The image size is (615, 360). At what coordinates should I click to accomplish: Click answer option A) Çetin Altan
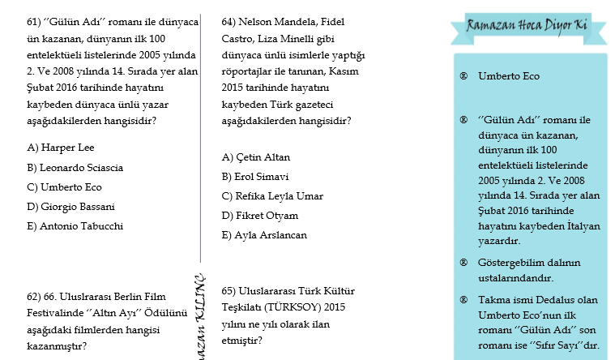tap(256, 157)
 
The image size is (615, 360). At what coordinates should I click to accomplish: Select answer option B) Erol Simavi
tap(256, 177)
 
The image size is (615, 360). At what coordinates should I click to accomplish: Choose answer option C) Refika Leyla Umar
tap(272, 196)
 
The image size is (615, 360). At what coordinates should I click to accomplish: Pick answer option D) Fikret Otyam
tap(260, 216)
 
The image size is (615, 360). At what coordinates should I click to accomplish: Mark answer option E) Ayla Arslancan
tap(264, 235)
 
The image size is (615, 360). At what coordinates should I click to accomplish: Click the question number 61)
tap(35, 23)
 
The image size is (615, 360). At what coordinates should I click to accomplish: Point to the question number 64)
tap(230, 23)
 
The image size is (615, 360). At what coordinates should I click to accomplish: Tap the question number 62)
tap(35, 298)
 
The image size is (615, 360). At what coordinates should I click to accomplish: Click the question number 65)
tap(230, 289)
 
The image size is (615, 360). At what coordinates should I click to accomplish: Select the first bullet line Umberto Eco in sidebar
tap(509, 76)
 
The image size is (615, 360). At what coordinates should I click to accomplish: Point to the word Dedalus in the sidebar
tap(572, 299)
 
